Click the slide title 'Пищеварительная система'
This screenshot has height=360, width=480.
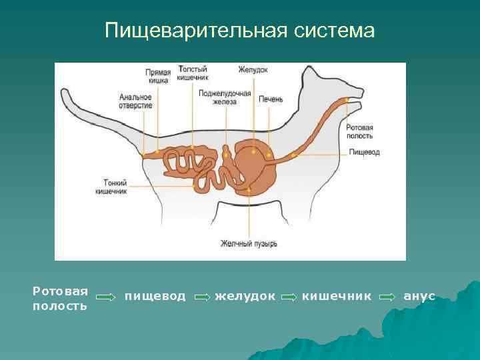(240, 31)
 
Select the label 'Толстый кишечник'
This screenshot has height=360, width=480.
(192, 73)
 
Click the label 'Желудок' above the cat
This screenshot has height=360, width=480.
(253, 69)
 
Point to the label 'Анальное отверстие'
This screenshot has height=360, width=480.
(136, 101)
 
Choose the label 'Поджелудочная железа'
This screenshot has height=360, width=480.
(225, 97)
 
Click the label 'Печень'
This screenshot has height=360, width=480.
(271, 99)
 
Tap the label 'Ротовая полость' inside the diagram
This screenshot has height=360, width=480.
(360, 131)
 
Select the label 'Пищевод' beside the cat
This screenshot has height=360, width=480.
(364, 152)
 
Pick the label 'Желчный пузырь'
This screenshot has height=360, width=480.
(249, 244)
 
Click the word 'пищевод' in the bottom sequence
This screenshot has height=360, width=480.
(155, 295)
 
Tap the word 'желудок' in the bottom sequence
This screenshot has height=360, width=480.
(245, 295)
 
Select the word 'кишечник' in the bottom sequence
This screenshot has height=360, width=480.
(337, 295)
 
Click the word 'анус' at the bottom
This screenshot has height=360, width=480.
(419, 295)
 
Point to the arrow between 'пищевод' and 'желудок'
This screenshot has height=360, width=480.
(201, 297)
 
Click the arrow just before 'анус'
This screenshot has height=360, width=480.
(386, 297)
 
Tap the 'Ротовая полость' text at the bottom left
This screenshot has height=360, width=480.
(60, 299)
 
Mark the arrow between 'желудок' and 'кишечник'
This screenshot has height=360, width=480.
(289, 297)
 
